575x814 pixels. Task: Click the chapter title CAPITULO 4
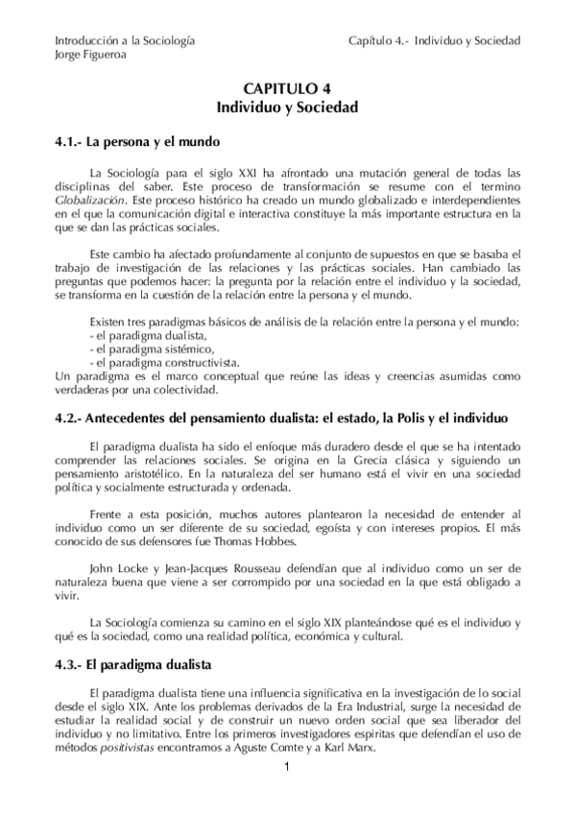tap(286, 89)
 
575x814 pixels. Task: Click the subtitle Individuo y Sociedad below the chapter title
tap(286, 108)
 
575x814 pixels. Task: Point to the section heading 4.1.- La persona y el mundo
tap(145, 142)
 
